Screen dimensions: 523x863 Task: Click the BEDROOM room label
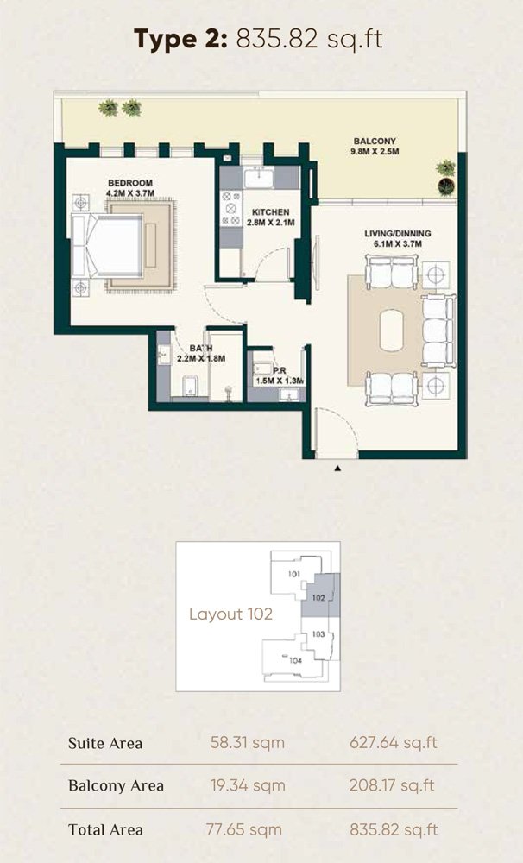(x=130, y=183)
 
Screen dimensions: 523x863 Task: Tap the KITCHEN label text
(x=270, y=212)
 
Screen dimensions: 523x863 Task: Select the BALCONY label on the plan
(x=375, y=142)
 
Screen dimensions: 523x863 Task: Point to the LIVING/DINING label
(x=398, y=233)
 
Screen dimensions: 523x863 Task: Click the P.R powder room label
(x=280, y=371)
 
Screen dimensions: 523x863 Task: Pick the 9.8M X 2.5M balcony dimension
(x=375, y=151)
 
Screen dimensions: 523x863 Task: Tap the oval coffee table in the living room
(x=392, y=331)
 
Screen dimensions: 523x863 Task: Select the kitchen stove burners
(x=231, y=209)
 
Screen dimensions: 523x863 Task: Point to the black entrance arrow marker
(x=337, y=469)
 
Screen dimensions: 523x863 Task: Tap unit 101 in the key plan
(x=294, y=574)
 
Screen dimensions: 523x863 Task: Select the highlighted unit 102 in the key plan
(x=318, y=598)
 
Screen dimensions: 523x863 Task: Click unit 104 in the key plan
(x=296, y=660)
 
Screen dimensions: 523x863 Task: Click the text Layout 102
(x=230, y=614)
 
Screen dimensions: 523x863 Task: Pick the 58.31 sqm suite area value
(x=247, y=743)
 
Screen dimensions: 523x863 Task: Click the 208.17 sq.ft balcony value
(x=392, y=785)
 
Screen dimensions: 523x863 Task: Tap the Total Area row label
(x=105, y=829)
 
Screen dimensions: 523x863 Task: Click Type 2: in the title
(x=180, y=39)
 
